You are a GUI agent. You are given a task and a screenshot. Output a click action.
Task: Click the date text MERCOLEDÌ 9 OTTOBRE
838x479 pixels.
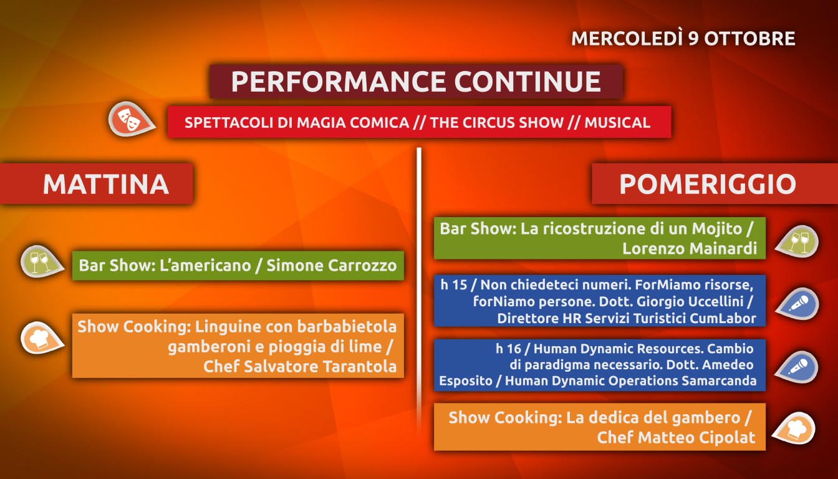(683, 38)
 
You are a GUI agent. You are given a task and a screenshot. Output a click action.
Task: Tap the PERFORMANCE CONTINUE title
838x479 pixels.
(416, 81)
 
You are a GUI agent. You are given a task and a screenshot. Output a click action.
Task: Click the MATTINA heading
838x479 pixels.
(106, 184)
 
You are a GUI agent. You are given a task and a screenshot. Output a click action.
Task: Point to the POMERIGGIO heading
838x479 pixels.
(708, 184)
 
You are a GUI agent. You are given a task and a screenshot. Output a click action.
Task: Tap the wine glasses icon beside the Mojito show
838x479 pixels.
(797, 241)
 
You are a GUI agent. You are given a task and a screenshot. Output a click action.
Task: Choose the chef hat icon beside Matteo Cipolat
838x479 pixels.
(794, 428)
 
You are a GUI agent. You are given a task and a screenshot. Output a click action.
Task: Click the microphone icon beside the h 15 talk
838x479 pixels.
(797, 304)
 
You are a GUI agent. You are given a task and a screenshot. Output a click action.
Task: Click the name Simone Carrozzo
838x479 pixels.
(332, 265)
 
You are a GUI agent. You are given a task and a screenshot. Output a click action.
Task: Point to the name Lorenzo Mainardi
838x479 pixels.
(690, 248)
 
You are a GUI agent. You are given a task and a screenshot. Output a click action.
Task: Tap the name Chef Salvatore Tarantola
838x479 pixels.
(300, 366)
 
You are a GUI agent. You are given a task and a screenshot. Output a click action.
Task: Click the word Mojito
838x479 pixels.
(717, 229)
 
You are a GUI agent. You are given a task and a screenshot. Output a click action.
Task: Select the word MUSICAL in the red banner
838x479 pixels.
(617, 123)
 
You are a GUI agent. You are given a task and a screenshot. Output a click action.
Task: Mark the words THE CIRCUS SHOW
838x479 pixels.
(497, 123)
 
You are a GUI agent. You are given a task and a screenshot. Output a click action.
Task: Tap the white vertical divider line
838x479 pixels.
(419, 288)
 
